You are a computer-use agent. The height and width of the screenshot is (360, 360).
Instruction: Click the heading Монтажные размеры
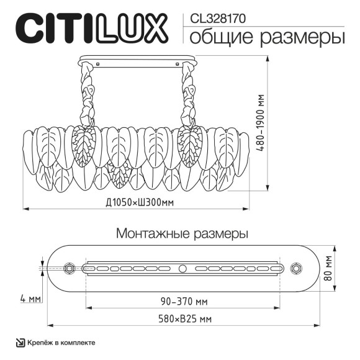click(x=182, y=234)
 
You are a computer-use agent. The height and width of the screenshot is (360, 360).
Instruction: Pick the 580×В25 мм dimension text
click(x=183, y=319)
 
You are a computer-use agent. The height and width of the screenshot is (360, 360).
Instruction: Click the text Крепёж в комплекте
click(x=61, y=342)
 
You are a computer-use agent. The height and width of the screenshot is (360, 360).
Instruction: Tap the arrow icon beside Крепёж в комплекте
click(x=20, y=342)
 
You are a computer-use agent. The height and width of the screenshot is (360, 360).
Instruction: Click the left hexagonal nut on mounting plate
click(x=70, y=269)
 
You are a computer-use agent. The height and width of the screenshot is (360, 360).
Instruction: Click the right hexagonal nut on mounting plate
click(x=296, y=269)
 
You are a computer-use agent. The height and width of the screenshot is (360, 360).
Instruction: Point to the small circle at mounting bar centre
click(x=182, y=269)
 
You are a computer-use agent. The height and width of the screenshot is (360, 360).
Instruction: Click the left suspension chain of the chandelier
click(x=85, y=96)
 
